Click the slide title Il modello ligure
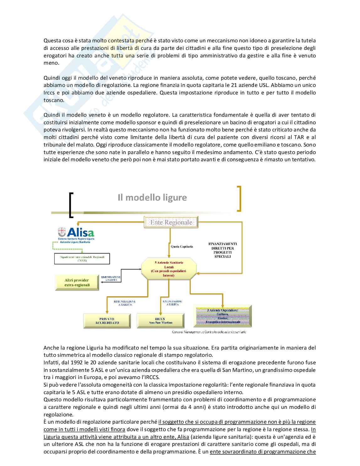tap(152, 197)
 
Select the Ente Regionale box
tap(171, 222)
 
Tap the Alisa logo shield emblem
tap(62, 232)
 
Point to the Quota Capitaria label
tap(182, 246)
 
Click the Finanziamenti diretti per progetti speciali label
tap(223, 250)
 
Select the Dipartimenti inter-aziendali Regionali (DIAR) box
tap(82, 259)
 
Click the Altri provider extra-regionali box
tap(77, 282)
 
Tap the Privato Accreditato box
tap(107, 321)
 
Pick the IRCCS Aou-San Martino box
tap(161, 321)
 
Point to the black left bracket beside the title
tap(71, 205)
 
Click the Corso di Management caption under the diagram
tap(209, 332)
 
